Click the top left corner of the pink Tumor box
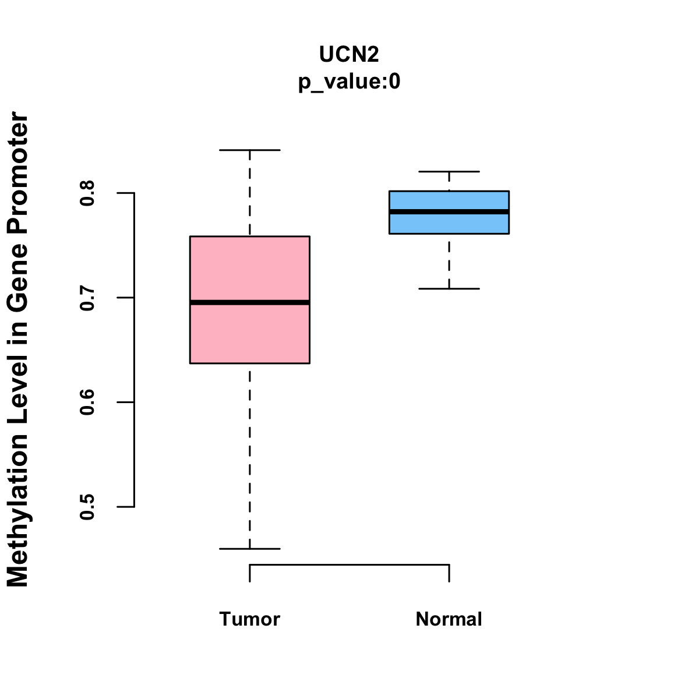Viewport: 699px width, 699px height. click(x=190, y=236)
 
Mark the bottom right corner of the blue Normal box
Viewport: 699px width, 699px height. click(x=509, y=234)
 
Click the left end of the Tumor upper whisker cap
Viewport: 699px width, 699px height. click(x=220, y=150)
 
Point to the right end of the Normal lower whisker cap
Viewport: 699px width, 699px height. click(x=479, y=289)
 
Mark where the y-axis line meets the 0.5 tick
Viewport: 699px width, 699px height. click(x=134, y=507)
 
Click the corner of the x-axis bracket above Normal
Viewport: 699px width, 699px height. click(x=450, y=565)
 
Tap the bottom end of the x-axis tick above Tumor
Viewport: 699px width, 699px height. click(x=249, y=582)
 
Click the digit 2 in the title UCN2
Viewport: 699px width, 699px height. click(x=373, y=54)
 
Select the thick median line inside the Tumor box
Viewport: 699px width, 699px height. click(x=250, y=302)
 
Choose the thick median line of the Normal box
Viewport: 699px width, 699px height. click(x=449, y=212)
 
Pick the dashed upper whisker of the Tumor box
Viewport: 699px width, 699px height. click(x=249, y=193)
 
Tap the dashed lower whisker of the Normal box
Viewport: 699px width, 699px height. click(x=449, y=261)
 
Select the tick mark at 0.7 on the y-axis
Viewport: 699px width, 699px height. click(x=125, y=298)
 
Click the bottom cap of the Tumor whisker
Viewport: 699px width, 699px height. click(x=249, y=549)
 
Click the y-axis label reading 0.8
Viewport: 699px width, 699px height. click(x=87, y=193)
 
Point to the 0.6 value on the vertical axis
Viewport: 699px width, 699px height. click(x=87, y=403)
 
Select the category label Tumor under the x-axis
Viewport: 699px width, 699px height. click(x=249, y=619)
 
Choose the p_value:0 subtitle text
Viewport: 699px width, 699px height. click(x=349, y=82)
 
